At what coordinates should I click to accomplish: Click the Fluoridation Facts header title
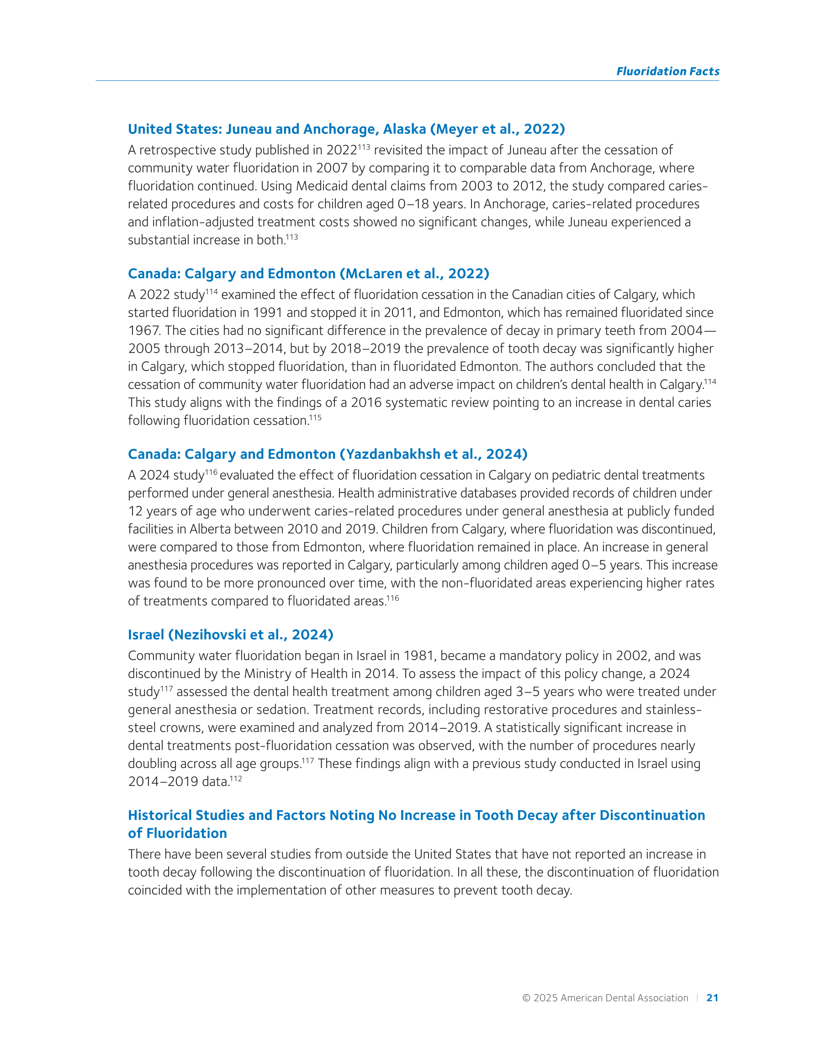[x=667, y=71]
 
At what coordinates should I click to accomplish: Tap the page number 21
[x=712, y=997]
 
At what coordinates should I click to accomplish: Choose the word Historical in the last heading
[x=160, y=816]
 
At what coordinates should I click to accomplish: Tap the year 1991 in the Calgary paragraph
[x=268, y=313]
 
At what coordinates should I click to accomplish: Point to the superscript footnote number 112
[x=236, y=779]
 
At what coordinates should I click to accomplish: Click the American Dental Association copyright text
[x=605, y=998]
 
